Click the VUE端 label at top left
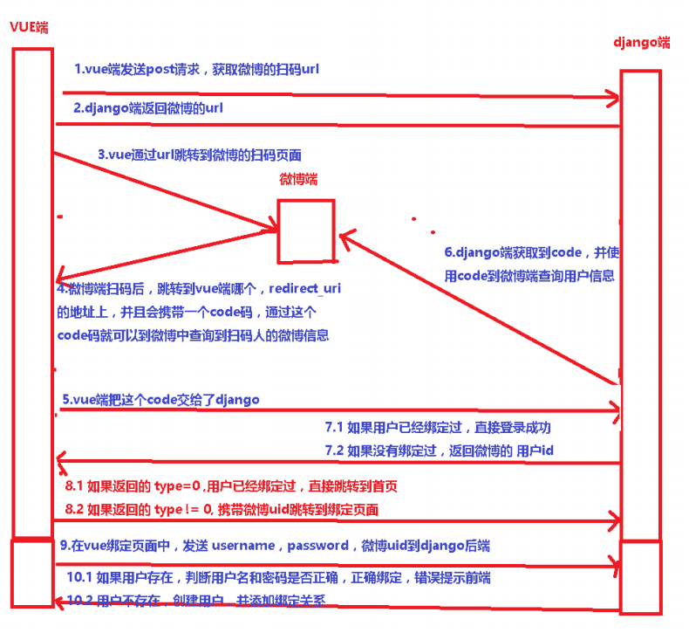[30, 28]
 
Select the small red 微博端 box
[306, 230]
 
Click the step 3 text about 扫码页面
[200, 155]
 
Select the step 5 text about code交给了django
[160, 399]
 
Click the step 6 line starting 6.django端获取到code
[531, 252]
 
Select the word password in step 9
[317, 546]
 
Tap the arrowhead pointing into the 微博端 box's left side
[272, 230]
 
